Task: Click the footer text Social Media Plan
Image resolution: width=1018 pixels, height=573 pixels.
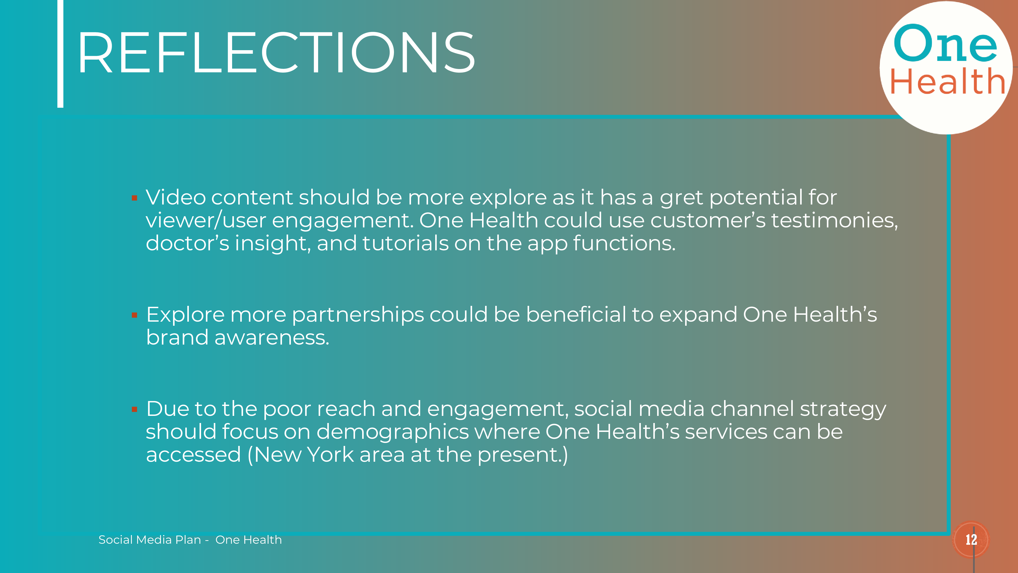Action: [x=150, y=540]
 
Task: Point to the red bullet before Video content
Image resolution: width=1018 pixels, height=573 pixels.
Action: [x=134, y=198]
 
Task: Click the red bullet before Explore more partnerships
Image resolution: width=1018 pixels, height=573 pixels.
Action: [x=134, y=315]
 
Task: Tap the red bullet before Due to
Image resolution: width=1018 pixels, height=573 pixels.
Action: [x=134, y=409]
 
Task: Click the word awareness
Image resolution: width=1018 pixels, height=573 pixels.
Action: [x=272, y=338]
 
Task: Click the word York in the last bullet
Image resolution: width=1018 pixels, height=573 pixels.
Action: [x=330, y=455]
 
